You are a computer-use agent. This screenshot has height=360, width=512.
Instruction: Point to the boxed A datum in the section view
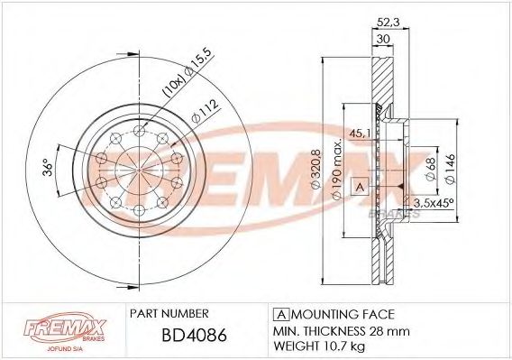point(360,188)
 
